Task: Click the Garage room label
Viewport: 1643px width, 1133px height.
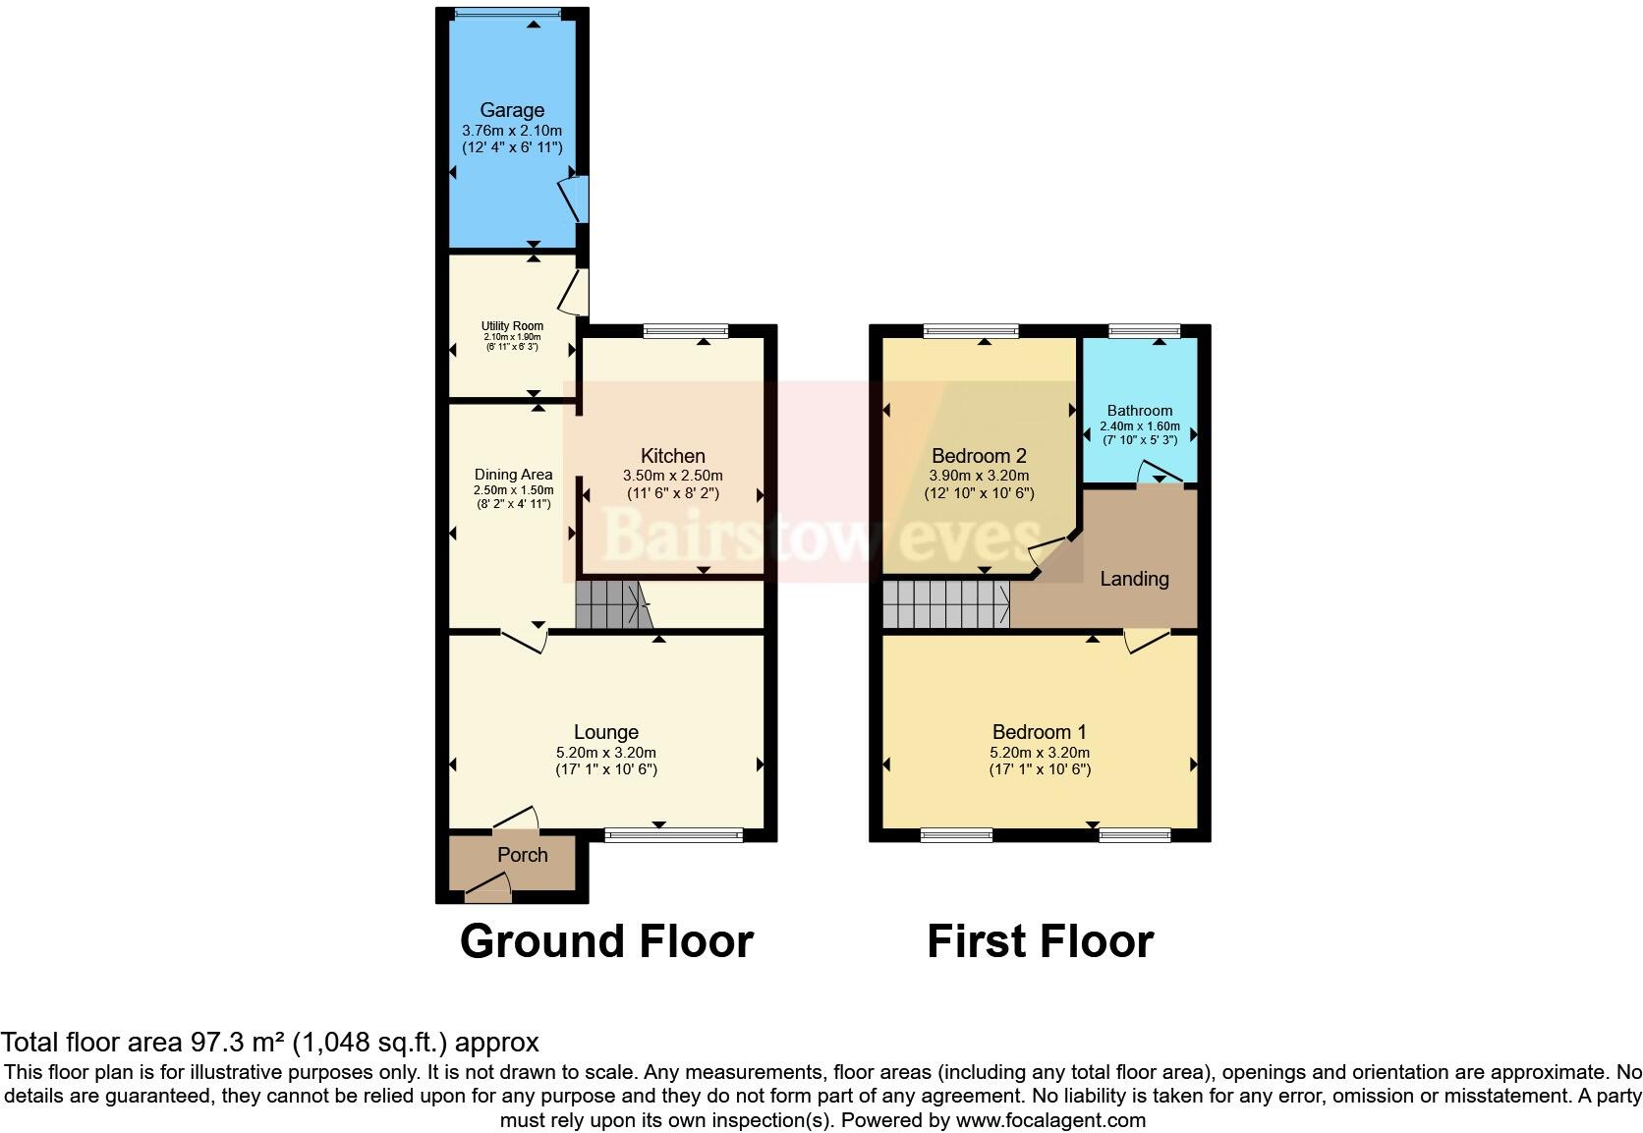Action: tap(512, 110)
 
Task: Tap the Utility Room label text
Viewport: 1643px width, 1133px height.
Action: tap(512, 326)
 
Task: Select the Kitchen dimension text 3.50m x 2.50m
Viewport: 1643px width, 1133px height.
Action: tap(672, 476)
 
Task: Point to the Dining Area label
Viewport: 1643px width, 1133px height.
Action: tap(513, 475)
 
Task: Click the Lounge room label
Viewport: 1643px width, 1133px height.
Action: tap(606, 732)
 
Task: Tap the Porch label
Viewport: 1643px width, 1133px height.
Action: tap(522, 855)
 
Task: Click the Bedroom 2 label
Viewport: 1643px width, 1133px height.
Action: tap(979, 456)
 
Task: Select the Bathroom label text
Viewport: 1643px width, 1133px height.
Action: tap(1139, 411)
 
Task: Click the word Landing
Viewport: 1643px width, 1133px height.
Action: tap(1134, 579)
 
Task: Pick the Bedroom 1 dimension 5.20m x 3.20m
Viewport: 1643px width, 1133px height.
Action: tap(1040, 753)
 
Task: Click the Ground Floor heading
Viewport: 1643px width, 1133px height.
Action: tap(606, 941)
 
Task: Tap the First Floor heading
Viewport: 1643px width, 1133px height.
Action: tap(1040, 941)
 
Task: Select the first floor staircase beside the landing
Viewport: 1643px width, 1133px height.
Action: tap(945, 604)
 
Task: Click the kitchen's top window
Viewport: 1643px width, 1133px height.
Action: tap(686, 331)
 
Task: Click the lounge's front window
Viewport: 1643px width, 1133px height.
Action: tap(674, 835)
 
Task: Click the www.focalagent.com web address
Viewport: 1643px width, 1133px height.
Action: tap(1050, 1120)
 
